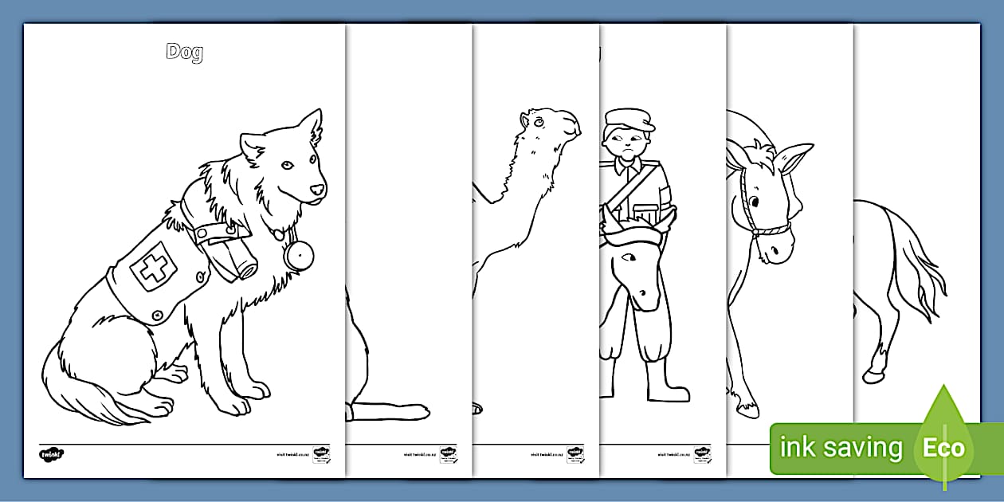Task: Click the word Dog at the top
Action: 185,53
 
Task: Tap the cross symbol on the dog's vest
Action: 151,268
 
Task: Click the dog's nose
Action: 318,190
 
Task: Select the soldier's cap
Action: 628,120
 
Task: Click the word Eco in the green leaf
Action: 943,448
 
